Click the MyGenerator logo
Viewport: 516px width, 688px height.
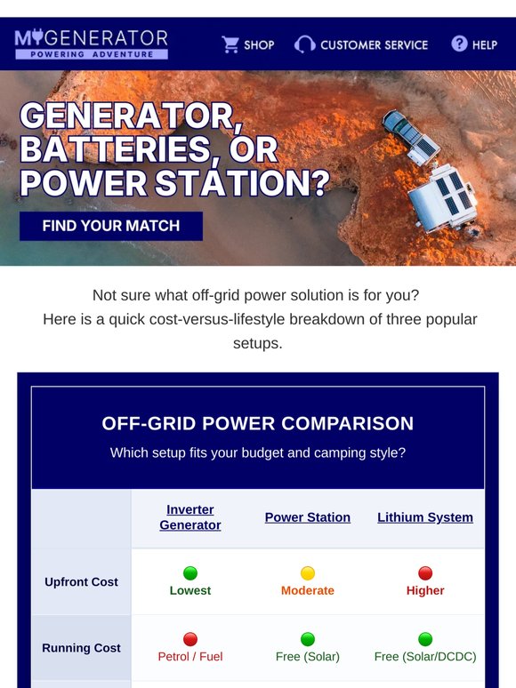tap(92, 44)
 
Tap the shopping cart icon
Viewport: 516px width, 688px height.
tap(230, 44)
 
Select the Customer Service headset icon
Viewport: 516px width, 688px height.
tap(305, 44)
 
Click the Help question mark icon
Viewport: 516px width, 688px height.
tap(459, 44)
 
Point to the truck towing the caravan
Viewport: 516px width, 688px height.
tap(411, 138)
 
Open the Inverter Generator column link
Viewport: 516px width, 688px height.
tap(190, 517)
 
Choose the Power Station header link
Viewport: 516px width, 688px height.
tap(308, 517)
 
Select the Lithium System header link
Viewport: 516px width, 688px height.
tap(425, 517)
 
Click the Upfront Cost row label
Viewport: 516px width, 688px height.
tap(81, 582)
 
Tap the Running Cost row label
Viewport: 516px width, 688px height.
tap(81, 648)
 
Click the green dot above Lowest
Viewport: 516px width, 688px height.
tap(190, 573)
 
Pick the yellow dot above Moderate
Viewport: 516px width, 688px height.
tap(308, 573)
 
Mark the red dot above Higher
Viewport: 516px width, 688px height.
tap(425, 573)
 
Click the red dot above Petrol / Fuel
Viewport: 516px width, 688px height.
tap(190, 639)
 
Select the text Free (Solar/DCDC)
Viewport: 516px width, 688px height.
tap(425, 656)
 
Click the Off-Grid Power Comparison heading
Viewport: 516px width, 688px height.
tap(258, 423)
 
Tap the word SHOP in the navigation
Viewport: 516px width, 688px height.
tap(259, 44)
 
